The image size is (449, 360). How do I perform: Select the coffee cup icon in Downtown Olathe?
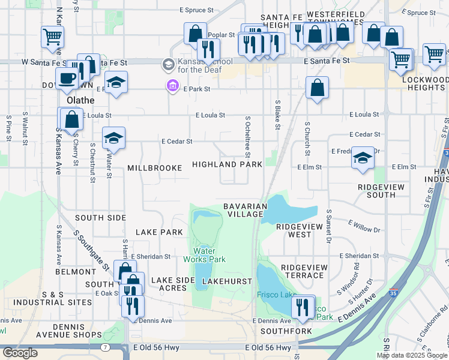[68, 78]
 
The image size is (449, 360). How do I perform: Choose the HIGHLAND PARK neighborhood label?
[227, 164]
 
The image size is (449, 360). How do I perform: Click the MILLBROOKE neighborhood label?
[154, 169]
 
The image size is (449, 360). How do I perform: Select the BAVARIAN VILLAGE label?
[244, 210]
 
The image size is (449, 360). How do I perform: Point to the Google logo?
[19, 353]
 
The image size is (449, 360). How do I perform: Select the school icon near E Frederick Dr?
[363, 158]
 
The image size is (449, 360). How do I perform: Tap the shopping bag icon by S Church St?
[317, 88]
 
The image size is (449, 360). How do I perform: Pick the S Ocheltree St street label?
[247, 135]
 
